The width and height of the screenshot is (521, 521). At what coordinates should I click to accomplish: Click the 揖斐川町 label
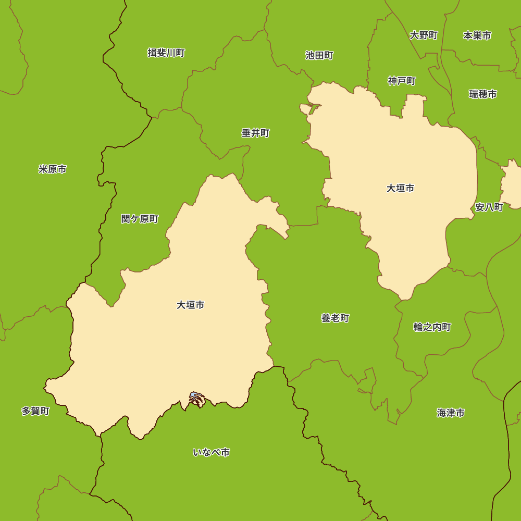166,53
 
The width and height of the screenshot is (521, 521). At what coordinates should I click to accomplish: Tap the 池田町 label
319,55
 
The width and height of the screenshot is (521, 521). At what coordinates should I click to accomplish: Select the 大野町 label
424,35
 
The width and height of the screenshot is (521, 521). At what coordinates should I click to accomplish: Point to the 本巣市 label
477,35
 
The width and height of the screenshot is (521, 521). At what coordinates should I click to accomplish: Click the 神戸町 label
402,81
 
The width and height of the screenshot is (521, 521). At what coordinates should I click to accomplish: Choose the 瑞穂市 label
482,94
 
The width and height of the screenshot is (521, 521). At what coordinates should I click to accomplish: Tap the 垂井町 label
255,133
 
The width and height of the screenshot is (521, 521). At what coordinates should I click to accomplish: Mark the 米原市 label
53,169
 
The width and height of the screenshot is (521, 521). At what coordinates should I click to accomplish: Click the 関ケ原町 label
140,219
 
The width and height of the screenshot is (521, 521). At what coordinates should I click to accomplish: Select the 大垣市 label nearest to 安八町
400,188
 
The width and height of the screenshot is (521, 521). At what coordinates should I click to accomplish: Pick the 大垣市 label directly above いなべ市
190,305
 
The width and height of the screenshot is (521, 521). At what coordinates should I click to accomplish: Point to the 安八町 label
489,207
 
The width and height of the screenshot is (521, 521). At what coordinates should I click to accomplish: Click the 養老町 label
335,318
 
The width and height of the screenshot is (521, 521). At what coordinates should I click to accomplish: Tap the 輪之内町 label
432,327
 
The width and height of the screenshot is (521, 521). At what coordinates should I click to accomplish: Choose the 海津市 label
451,413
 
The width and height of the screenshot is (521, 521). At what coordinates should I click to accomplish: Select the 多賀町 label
35,411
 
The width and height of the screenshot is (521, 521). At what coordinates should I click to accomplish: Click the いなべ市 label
211,452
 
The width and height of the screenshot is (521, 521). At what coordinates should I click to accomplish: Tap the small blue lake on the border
195,396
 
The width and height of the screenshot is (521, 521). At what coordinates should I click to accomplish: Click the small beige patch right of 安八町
512,185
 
